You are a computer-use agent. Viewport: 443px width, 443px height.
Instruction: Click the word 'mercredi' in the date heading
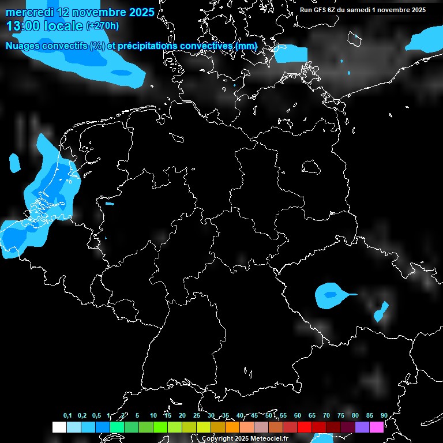[x=29, y=12]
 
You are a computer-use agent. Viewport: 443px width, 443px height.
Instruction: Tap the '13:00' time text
[x=22, y=25]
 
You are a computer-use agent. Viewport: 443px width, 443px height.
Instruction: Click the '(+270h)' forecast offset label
[x=103, y=25]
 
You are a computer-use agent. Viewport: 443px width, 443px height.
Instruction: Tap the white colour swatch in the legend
[x=59, y=427]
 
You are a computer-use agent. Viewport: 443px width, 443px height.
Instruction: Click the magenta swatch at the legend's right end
[x=376, y=427]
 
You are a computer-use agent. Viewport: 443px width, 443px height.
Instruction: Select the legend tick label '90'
[x=384, y=415]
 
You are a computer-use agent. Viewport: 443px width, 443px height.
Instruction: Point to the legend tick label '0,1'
[x=67, y=415]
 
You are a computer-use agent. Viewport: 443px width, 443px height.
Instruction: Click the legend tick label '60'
[x=297, y=415]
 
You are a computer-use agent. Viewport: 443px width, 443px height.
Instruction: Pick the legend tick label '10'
[x=153, y=415]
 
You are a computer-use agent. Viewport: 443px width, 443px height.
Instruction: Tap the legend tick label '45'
[x=254, y=415]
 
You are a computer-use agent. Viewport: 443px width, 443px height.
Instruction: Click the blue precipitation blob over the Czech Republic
[x=330, y=295]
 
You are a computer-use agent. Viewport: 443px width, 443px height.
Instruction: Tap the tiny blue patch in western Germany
[x=110, y=203]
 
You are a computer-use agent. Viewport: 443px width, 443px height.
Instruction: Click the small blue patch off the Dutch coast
[x=14, y=163]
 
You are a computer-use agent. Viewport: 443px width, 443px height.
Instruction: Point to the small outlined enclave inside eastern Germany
[x=311, y=167]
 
